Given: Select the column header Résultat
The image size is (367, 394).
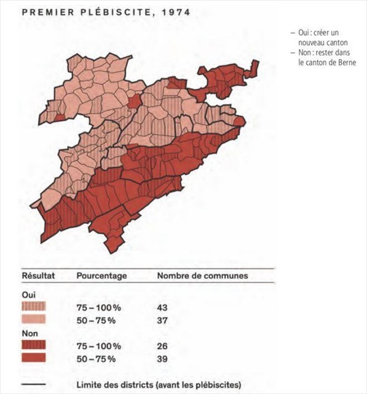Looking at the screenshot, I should pos(39,276).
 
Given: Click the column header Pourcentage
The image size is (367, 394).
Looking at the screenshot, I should pos(101,276).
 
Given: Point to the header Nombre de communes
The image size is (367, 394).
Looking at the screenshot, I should pos(202,276).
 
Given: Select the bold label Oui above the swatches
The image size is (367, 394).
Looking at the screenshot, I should pos(28,294).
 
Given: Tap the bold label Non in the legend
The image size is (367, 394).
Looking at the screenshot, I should pos(30,333).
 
